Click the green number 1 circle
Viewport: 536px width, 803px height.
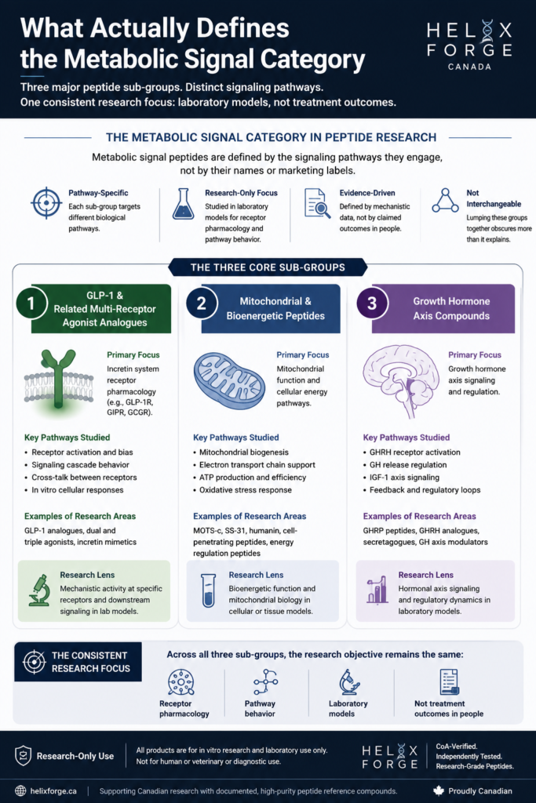tap(31, 303)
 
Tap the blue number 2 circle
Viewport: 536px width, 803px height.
tap(202, 303)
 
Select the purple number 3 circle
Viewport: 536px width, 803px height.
tap(372, 303)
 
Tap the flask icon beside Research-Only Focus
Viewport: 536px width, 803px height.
tap(183, 204)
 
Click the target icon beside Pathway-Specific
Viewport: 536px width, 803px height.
tap(46, 203)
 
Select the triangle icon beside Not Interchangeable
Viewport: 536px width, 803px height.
tap(445, 200)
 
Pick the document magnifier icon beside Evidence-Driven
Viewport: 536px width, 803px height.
tap(317, 203)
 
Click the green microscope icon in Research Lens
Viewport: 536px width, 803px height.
tap(39, 590)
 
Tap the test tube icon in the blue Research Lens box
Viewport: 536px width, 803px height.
tap(208, 590)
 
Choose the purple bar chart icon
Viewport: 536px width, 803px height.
tap(377, 590)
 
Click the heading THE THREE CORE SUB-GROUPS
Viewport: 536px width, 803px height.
tap(268, 267)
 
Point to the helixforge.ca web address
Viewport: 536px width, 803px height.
tap(53, 790)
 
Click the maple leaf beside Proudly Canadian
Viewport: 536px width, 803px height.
tap(438, 790)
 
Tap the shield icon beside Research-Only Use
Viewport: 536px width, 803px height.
tap(23, 755)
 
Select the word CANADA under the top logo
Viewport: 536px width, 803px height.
tap(469, 67)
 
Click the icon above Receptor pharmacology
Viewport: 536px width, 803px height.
tap(180, 682)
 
